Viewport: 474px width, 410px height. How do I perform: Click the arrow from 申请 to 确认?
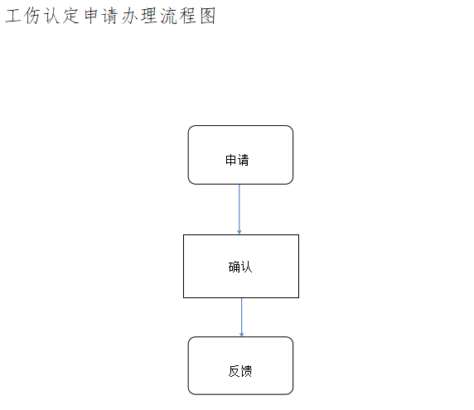(x=239, y=209)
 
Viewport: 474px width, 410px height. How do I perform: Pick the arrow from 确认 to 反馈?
(x=241, y=317)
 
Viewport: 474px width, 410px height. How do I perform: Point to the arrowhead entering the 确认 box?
(x=239, y=232)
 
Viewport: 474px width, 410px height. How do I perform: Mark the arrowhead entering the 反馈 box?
(x=241, y=335)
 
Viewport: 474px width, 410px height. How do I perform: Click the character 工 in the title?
(x=13, y=16)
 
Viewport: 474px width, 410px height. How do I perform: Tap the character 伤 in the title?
(x=32, y=16)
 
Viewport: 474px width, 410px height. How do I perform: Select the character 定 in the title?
(x=71, y=16)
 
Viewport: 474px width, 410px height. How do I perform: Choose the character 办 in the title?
(x=130, y=16)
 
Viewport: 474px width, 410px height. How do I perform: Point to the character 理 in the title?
(x=149, y=16)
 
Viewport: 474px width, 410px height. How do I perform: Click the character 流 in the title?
(x=168, y=16)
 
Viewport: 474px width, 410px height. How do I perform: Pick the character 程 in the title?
(x=188, y=16)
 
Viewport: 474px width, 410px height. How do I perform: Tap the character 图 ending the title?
(x=208, y=16)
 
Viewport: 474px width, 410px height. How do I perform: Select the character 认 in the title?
(x=51, y=16)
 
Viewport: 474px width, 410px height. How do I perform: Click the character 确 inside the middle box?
(x=234, y=267)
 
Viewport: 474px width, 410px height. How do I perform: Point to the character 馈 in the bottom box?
(x=246, y=371)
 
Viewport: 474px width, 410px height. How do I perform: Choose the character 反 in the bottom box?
(x=234, y=371)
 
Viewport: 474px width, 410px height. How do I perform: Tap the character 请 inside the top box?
(x=244, y=160)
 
